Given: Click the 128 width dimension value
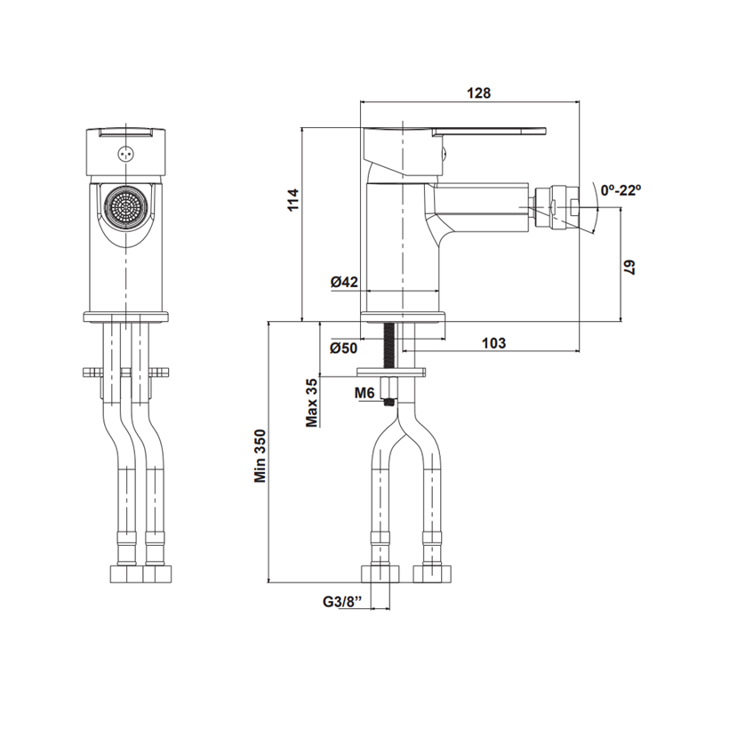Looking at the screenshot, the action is coord(478,93).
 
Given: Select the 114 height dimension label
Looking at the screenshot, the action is coord(294,200).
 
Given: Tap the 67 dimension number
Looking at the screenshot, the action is coord(629,268).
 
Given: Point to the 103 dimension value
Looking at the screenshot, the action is coord(493,343).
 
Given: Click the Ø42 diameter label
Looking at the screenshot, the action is coord(345,281).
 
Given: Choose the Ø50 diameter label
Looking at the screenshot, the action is coord(344,348).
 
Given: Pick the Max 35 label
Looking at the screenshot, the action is coord(311,403).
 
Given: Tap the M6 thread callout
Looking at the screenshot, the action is coord(364,393).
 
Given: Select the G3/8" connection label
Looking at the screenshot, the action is coord(342,602).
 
